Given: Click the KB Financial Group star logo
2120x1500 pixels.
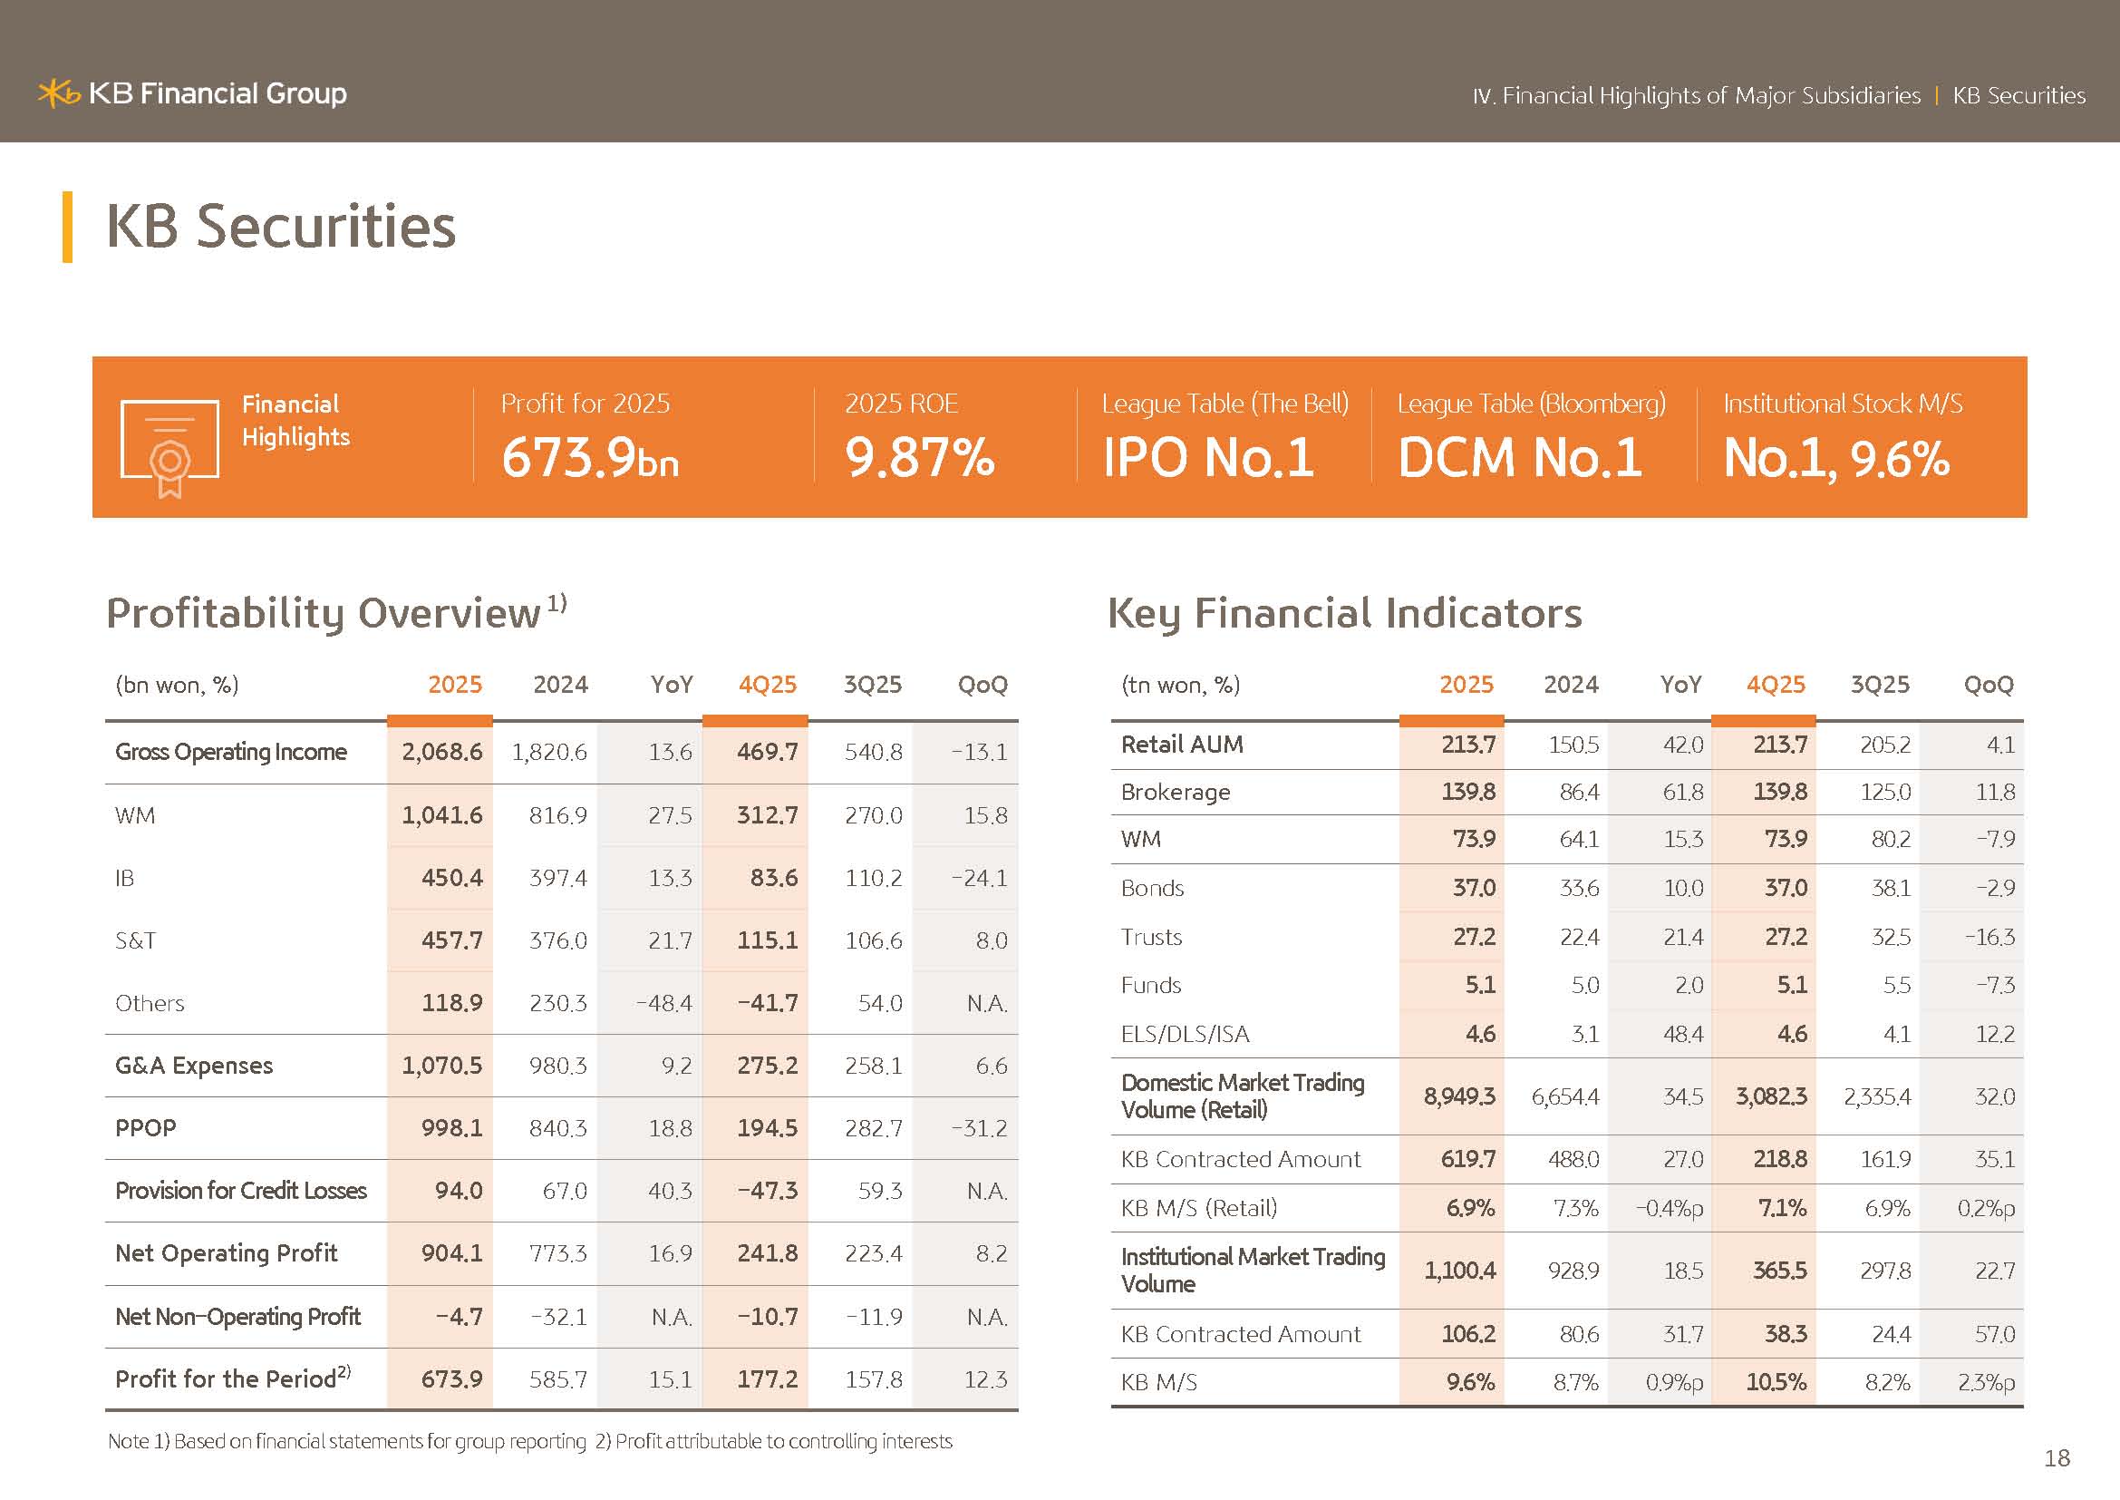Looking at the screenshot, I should click(x=58, y=93).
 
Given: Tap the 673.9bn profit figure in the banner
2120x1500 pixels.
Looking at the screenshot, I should click(x=590, y=457).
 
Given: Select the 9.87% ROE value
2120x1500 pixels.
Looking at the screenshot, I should click(x=920, y=457).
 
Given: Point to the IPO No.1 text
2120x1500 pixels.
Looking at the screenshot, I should click(x=1207, y=457).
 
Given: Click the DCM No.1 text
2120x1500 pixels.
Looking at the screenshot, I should click(x=1520, y=457).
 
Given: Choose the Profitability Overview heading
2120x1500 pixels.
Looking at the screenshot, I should click(x=324, y=613).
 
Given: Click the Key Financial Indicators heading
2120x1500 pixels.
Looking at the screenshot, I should click(x=1344, y=613).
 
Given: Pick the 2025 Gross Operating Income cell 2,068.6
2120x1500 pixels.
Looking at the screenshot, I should click(x=441, y=752).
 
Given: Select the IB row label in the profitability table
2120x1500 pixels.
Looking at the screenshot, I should click(x=125, y=878).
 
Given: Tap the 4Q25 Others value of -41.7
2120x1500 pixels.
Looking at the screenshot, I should click(x=767, y=1003).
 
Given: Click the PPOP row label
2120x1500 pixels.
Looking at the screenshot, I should click(x=145, y=1128).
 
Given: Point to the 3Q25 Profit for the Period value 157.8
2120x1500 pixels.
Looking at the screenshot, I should click(x=873, y=1379).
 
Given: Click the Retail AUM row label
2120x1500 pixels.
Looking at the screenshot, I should click(x=1182, y=745).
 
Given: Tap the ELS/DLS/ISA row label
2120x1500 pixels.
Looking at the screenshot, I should click(x=1185, y=1035).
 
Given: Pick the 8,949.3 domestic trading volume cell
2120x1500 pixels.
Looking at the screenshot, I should click(x=1459, y=1096).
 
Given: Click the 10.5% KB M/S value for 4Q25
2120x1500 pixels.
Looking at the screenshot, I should click(x=1776, y=1383).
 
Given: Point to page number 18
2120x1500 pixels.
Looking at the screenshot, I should click(x=2057, y=1457).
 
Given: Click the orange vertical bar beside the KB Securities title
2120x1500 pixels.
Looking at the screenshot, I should click(x=67, y=227).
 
